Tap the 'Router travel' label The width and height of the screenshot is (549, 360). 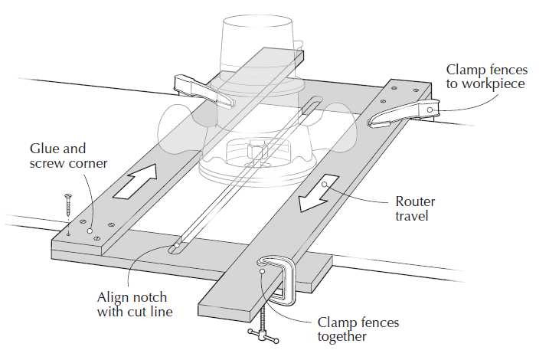pyautogui.click(x=416, y=208)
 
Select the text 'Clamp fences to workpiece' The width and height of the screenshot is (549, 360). pyautogui.click(x=486, y=77)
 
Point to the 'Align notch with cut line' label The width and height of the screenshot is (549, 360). pyautogui.click(x=132, y=304)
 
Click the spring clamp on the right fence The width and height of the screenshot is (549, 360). pyautogui.click(x=404, y=112)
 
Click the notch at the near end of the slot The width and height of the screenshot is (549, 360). pyautogui.click(x=175, y=248)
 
